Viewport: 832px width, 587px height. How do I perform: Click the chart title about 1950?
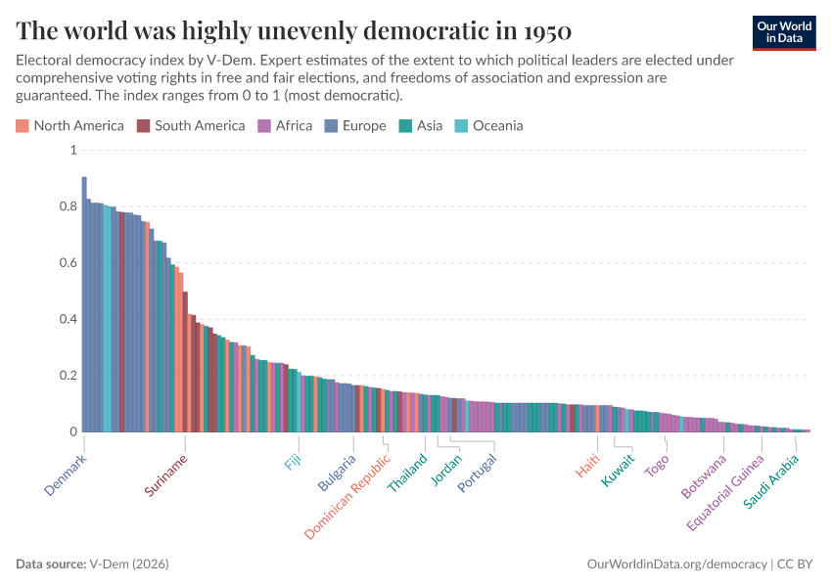pos(294,29)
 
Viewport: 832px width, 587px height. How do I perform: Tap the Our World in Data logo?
pos(783,32)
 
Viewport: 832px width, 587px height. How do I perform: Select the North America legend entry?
pos(69,125)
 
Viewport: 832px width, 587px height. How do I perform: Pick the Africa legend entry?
pos(285,125)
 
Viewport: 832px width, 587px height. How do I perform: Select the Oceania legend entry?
pos(488,125)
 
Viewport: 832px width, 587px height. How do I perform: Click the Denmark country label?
pos(67,474)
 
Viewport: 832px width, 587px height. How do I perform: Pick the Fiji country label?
pos(294,462)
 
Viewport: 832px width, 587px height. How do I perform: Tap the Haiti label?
pos(588,465)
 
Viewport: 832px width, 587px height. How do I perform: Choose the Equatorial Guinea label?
pos(725,492)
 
